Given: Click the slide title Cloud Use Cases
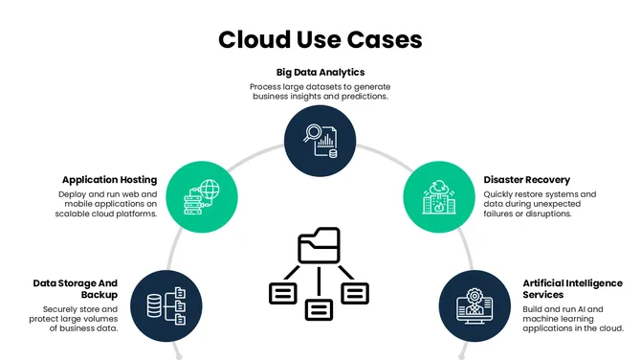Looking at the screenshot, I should point(320,39).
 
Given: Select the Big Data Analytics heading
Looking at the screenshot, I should point(320,72).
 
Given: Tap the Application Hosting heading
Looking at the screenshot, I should point(109,179).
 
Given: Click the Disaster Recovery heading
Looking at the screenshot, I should point(527,179).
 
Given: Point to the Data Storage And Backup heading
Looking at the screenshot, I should point(75,289).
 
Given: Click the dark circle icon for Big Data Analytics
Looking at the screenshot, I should point(320,142).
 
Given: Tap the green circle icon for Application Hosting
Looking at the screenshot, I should point(201,196).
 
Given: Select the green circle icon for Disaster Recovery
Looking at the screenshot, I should point(438,196).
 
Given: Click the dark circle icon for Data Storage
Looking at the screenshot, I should point(165,306).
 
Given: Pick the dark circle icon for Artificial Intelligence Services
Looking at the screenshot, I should point(475,306).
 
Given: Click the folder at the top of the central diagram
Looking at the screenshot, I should point(320,247).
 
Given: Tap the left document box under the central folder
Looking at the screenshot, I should point(283,293).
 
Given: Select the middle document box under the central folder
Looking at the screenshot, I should point(320,309).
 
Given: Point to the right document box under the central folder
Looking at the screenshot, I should point(356,293).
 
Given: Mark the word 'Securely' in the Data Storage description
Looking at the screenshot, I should point(61,309).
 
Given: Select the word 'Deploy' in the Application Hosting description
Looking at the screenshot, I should point(74,194).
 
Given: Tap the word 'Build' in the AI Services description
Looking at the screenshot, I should point(534,309).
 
